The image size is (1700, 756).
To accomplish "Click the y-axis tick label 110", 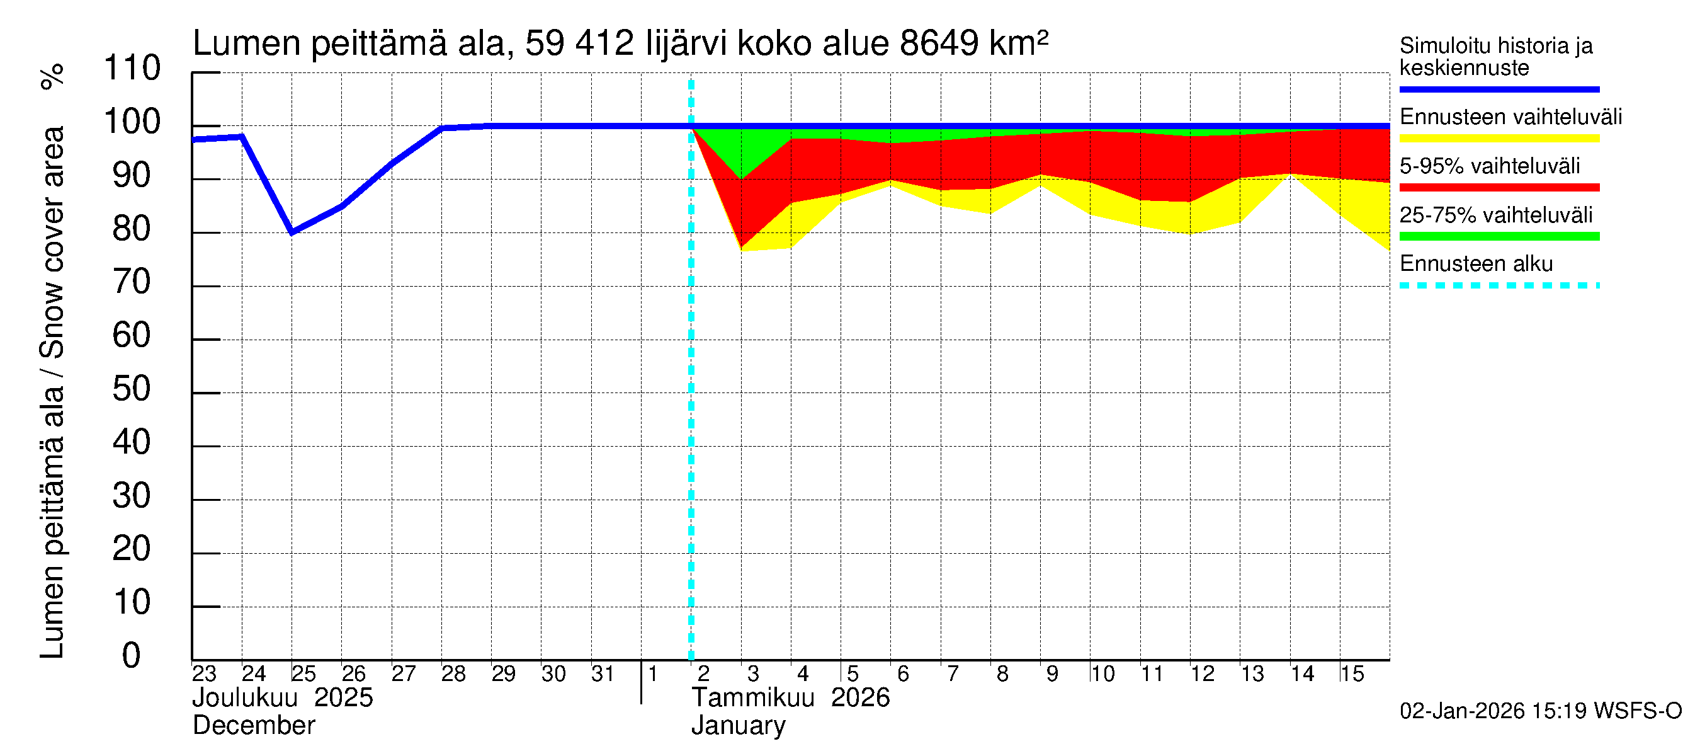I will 132,68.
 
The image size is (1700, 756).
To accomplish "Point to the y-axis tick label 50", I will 132,389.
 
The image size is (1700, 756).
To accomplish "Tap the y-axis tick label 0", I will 132,656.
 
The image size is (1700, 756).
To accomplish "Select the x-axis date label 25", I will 303,674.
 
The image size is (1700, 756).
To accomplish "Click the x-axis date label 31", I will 603,674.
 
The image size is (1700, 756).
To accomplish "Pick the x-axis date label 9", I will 1052,674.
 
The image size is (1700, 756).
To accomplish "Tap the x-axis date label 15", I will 1352,674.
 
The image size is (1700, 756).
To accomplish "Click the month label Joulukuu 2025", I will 283,698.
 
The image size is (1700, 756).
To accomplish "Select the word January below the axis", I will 739,726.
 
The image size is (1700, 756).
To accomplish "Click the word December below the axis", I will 254,726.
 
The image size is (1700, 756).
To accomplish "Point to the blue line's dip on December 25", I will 292,232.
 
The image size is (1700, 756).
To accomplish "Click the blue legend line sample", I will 1499,89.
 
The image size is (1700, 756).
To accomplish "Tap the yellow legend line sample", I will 1499,139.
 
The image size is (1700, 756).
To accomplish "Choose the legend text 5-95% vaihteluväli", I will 1490,166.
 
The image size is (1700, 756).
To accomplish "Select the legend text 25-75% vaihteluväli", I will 1496,215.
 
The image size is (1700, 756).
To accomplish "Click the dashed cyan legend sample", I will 1499,286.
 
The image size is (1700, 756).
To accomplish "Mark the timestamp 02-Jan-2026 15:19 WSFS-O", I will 1540,711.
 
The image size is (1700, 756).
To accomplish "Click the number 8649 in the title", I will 938,43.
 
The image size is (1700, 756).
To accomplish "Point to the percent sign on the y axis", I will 53,77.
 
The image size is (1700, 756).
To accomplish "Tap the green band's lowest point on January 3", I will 741,178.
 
